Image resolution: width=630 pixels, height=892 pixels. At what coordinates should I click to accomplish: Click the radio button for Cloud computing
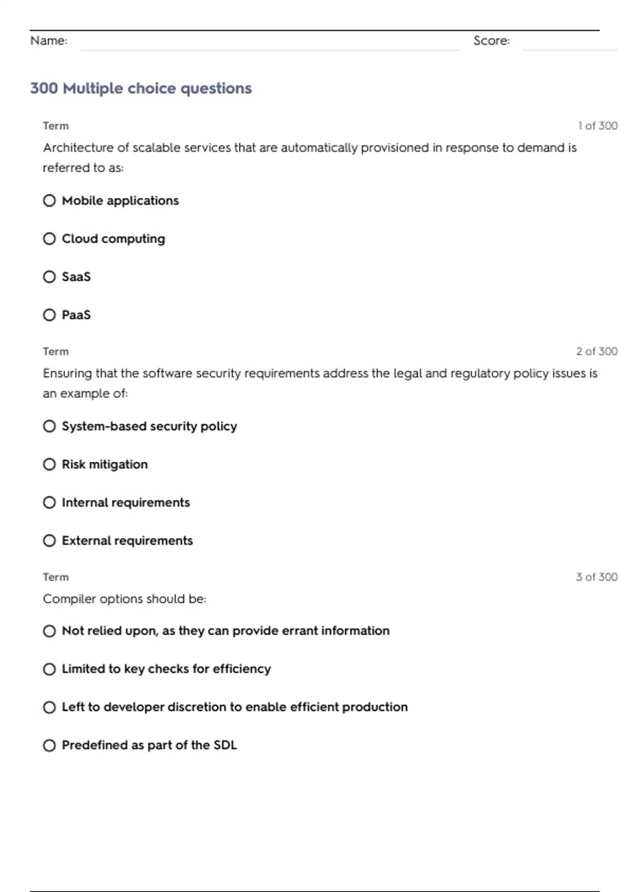(x=49, y=239)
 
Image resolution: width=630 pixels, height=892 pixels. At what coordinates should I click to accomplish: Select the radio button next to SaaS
(x=49, y=277)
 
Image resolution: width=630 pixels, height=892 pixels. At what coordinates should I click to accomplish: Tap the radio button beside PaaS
(x=49, y=315)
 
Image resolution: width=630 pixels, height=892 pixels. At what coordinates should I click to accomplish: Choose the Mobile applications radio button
(x=49, y=200)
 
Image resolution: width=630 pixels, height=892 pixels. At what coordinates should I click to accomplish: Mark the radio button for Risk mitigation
(x=49, y=464)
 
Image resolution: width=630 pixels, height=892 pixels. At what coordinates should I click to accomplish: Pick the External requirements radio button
(x=49, y=540)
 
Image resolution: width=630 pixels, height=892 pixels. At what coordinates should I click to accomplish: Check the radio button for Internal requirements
(x=49, y=503)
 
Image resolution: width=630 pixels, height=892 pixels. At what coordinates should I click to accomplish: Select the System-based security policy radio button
(x=49, y=426)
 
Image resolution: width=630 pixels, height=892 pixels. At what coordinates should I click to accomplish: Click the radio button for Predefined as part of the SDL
(x=49, y=745)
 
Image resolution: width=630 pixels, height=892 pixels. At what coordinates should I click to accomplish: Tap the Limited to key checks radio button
(x=49, y=669)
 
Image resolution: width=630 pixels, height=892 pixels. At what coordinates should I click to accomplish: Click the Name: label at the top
(x=49, y=40)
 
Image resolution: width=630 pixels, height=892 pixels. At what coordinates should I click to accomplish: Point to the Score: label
(x=491, y=40)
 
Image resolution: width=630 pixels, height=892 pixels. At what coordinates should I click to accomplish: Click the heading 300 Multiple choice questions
(x=141, y=88)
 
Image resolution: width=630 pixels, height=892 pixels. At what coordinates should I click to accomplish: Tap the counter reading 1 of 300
(x=597, y=125)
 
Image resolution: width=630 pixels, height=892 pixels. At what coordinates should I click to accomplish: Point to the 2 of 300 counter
(x=596, y=351)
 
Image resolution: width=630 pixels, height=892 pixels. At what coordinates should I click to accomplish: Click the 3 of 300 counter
(x=596, y=577)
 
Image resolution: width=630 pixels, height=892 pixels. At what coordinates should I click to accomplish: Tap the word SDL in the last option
(x=225, y=745)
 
